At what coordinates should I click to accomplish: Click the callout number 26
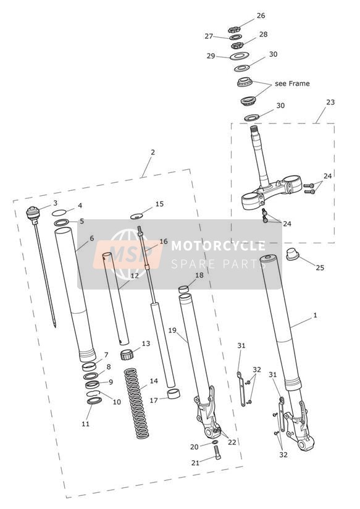(x=261, y=15)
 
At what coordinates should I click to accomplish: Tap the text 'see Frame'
(x=292, y=83)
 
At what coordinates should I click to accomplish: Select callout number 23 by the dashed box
(x=330, y=102)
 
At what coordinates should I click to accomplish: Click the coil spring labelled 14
(x=137, y=403)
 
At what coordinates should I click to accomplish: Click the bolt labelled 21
(x=217, y=453)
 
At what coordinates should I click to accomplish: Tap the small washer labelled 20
(x=215, y=442)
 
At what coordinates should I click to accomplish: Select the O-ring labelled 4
(x=59, y=212)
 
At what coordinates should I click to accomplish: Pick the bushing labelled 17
(x=174, y=393)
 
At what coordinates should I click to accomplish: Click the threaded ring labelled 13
(x=127, y=354)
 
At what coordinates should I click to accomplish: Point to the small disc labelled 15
(x=136, y=216)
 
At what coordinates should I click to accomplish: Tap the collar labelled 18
(x=184, y=289)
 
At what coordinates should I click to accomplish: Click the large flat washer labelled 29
(x=240, y=56)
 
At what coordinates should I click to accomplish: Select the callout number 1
(x=315, y=315)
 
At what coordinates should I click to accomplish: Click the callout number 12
(x=135, y=276)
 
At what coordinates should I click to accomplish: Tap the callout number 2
(x=153, y=152)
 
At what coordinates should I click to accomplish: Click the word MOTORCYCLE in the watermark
(x=218, y=246)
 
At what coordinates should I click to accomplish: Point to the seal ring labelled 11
(x=94, y=400)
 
